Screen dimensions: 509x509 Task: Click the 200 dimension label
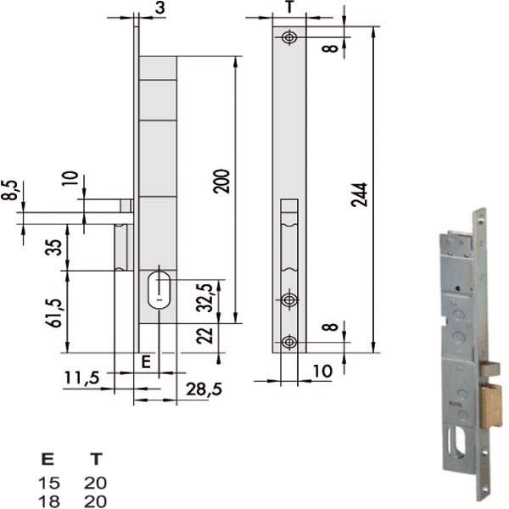[x=221, y=182]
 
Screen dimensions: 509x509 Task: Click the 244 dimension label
[x=360, y=195]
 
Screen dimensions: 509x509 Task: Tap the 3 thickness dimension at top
[x=159, y=8]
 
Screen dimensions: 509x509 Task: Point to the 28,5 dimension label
[x=204, y=389]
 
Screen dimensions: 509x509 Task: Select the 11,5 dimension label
[x=81, y=378]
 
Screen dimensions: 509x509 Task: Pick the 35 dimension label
[x=53, y=248]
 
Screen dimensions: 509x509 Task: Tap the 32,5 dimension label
[x=204, y=298]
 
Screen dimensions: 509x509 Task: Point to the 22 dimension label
[x=204, y=336]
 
